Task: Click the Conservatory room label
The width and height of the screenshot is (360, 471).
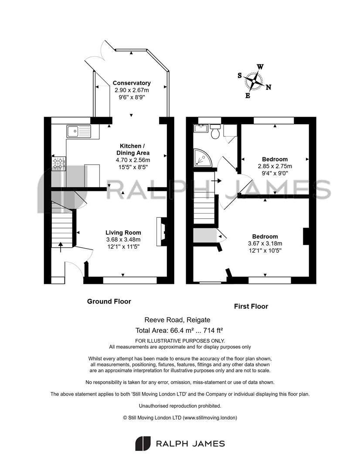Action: (x=132, y=83)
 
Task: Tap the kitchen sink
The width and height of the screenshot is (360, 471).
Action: (x=78, y=131)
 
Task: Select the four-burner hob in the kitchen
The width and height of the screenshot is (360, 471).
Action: (x=59, y=164)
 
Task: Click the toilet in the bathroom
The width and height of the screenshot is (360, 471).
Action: (x=215, y=132)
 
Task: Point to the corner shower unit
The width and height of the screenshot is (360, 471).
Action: (x=202, y=158)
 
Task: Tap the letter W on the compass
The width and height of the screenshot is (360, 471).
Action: (x=260, y=67)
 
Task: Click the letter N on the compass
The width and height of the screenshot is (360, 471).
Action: (x=268, y=87)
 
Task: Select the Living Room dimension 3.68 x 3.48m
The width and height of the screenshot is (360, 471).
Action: (x=123, y=239)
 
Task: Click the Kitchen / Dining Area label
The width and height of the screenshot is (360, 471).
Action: (x=132, y=149)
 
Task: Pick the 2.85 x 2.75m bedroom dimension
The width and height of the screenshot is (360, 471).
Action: (x=275, y=166)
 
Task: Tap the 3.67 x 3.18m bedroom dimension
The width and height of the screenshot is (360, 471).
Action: (x=265, y=243)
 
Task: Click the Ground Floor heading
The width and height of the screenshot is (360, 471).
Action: (x=109, y=301)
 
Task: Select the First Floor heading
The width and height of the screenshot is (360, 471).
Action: (x=251, y=307)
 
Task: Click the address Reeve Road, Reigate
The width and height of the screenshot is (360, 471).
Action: (x=177, y=320)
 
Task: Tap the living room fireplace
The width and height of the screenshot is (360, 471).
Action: (x=162, y=232)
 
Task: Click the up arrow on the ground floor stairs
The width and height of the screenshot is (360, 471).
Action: (x=61, y=247)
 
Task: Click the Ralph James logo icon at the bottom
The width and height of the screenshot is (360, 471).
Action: (x=143, y=444)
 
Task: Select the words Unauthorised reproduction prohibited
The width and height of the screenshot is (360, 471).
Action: (x=180, y=406)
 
